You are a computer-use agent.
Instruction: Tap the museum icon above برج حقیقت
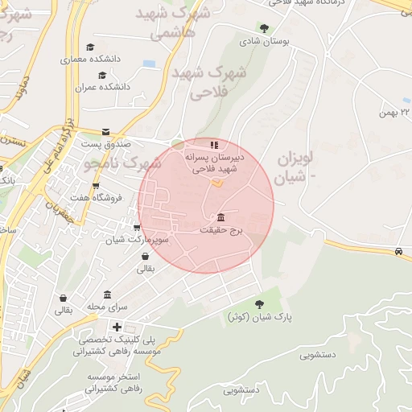(x=221, y=217)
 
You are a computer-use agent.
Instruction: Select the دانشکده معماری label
(x=92, y=60)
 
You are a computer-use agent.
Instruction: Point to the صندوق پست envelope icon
(x=106, y=131)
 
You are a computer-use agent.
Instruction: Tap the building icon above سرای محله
(x=108, y=295)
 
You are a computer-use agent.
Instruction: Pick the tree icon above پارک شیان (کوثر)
(x=259, y=303)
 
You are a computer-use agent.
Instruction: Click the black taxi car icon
(x=399, y=252)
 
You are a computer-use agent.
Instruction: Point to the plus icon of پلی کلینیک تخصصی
(x=117, y=327)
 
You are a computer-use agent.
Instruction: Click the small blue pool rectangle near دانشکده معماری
(x=149, y=63)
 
